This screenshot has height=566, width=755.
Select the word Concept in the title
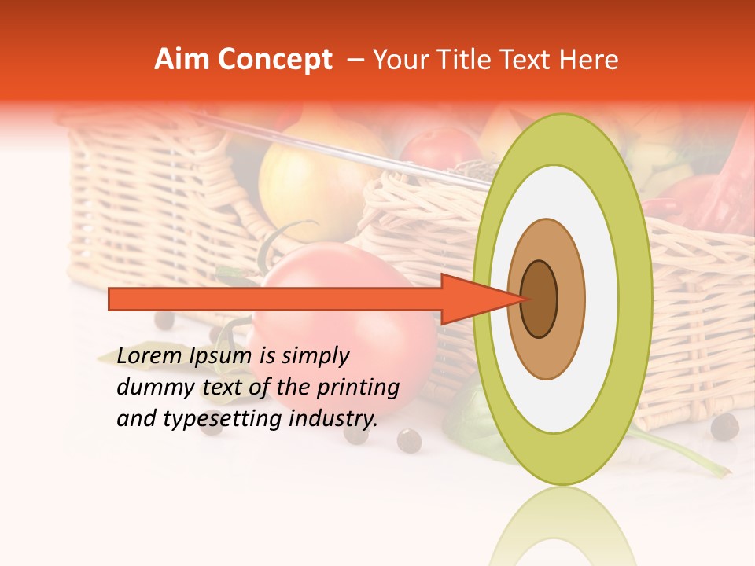[x=274, y=60]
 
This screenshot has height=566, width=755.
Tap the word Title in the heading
[x=476, y=60]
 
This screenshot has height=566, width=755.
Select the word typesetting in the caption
[x=220, y=419]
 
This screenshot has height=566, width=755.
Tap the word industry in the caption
[x=330, y=419]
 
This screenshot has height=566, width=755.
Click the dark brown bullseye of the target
[x=539, y=299]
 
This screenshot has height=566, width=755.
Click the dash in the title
[x=355, y=60]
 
